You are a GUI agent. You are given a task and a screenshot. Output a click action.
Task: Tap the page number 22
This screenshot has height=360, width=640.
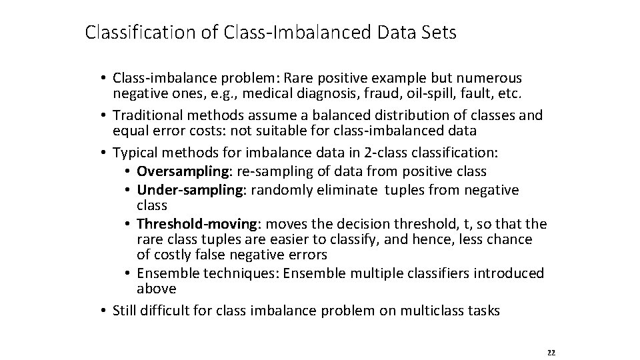(x=550, y=352)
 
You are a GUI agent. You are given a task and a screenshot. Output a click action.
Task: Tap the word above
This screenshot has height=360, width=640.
(x=156, y=289)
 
